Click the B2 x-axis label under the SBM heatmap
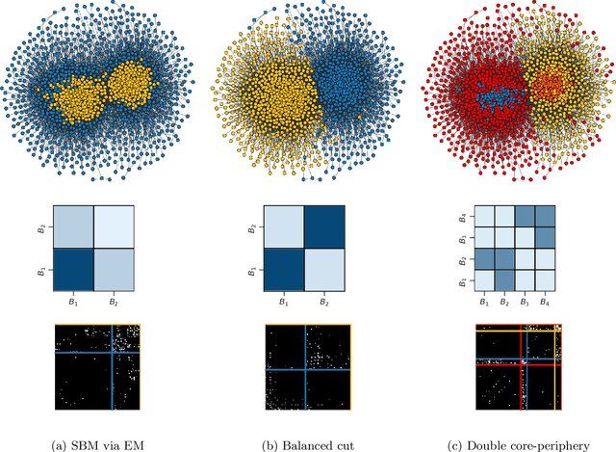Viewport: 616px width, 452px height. click(115, 304)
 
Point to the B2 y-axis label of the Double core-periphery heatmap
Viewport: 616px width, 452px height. click(464, 260)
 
